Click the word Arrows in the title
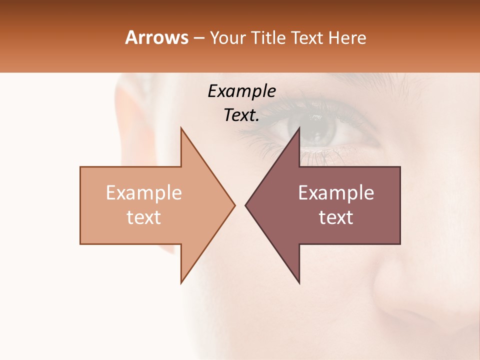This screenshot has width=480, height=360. point(157,37)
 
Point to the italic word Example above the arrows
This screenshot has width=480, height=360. point(242,91)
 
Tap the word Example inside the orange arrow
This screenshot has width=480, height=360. point(144,193)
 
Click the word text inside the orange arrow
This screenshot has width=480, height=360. point(144,217)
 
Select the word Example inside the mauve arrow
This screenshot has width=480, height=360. point(336,193)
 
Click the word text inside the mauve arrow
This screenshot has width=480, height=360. point(336,217)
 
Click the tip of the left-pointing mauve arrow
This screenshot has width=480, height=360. point(246,205)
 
